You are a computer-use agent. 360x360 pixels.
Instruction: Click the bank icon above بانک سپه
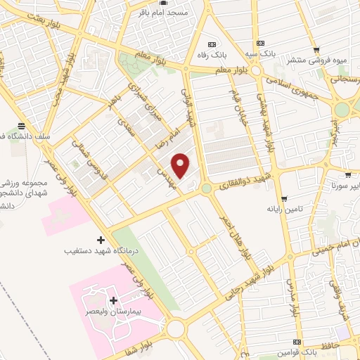pos(261,41)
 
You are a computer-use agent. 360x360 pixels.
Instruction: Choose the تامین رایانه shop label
pos(283,209)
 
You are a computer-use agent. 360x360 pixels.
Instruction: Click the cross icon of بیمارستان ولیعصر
pos(113,301)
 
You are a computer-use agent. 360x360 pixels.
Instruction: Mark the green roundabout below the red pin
pos(206,188)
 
